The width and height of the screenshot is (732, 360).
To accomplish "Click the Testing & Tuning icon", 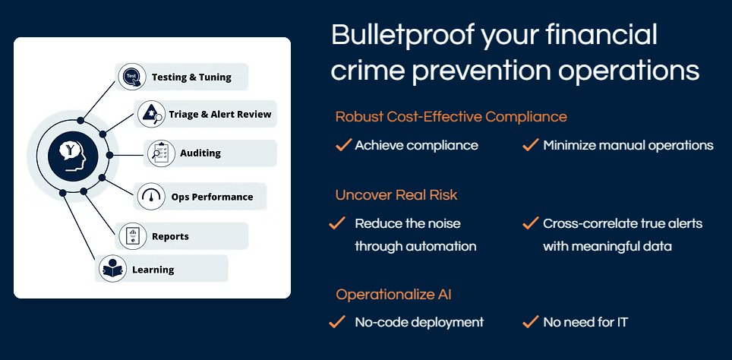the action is click(132, 77).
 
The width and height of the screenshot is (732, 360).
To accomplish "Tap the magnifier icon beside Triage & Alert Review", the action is click(151, 114).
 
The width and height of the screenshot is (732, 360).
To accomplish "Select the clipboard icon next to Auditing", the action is click(161, 153).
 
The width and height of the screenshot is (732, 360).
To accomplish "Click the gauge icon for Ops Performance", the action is click(151, 197).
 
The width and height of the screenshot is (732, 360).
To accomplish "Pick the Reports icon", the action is click(133, 236).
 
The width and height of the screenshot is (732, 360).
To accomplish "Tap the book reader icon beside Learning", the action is click(112, 269).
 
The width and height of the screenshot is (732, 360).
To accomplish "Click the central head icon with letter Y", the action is click(73, 155).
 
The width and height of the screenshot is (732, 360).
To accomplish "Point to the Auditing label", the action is click(200, 153).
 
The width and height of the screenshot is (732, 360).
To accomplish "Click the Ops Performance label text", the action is click(212, 197).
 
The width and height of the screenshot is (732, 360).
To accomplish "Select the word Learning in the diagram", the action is click(153, 270).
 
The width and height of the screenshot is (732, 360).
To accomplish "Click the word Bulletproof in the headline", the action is click(403, 36).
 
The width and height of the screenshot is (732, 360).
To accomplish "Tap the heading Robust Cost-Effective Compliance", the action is click(451, 116).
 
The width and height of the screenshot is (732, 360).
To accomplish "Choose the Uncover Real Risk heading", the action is click(396, 194).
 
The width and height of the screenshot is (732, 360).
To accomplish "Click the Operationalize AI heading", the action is click(393, 295).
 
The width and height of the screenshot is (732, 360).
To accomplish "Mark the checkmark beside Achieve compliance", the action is click(343, 145).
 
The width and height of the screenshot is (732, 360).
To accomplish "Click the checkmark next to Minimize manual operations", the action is click(531, 145).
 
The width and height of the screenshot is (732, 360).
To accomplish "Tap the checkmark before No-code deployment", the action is click(337, 322).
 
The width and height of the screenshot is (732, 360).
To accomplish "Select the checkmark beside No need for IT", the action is click(531, 322).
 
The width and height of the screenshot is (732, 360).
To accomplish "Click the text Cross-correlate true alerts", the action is click(623, 223).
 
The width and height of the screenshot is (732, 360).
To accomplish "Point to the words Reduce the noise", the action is click(408, 223).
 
